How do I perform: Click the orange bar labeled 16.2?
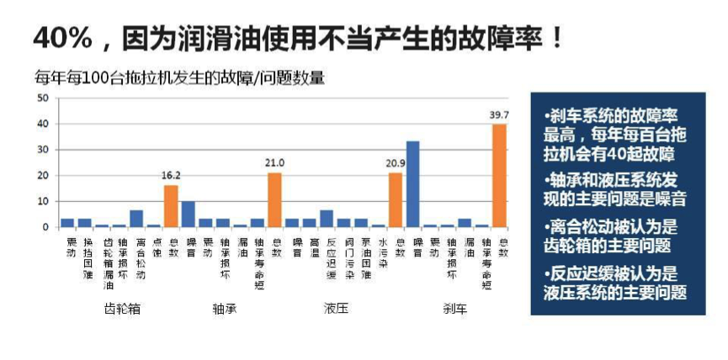click(171, 206)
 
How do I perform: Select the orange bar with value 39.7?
click(499, 176)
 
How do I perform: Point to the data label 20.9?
click(396, 163)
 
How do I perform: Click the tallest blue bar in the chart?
click(412, 184)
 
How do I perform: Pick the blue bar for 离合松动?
click(136, 219)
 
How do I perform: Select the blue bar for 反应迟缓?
click(327, 219)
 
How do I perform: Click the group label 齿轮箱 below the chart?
click(121, 309)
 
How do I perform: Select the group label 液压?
click(335, 309)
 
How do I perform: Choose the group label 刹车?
click(454, 309)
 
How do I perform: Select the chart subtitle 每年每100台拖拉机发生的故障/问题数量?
click(179, 78)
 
